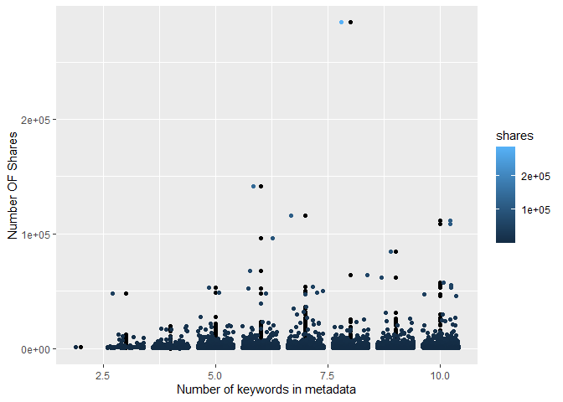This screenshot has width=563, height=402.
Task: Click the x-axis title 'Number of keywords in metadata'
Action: tap(266, 389)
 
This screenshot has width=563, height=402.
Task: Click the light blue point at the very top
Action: tap(342, 22)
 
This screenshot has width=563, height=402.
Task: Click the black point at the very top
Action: tap(351, 22)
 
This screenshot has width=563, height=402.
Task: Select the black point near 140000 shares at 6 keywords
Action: tap(261, 186)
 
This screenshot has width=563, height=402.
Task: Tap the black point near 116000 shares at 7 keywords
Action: tap(306, 215)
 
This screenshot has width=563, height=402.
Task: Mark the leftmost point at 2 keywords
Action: tap(76, 347)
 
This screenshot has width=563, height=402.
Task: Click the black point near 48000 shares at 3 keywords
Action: tap(127, 293)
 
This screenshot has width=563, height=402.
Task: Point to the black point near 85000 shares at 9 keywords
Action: tap(395, 251)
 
